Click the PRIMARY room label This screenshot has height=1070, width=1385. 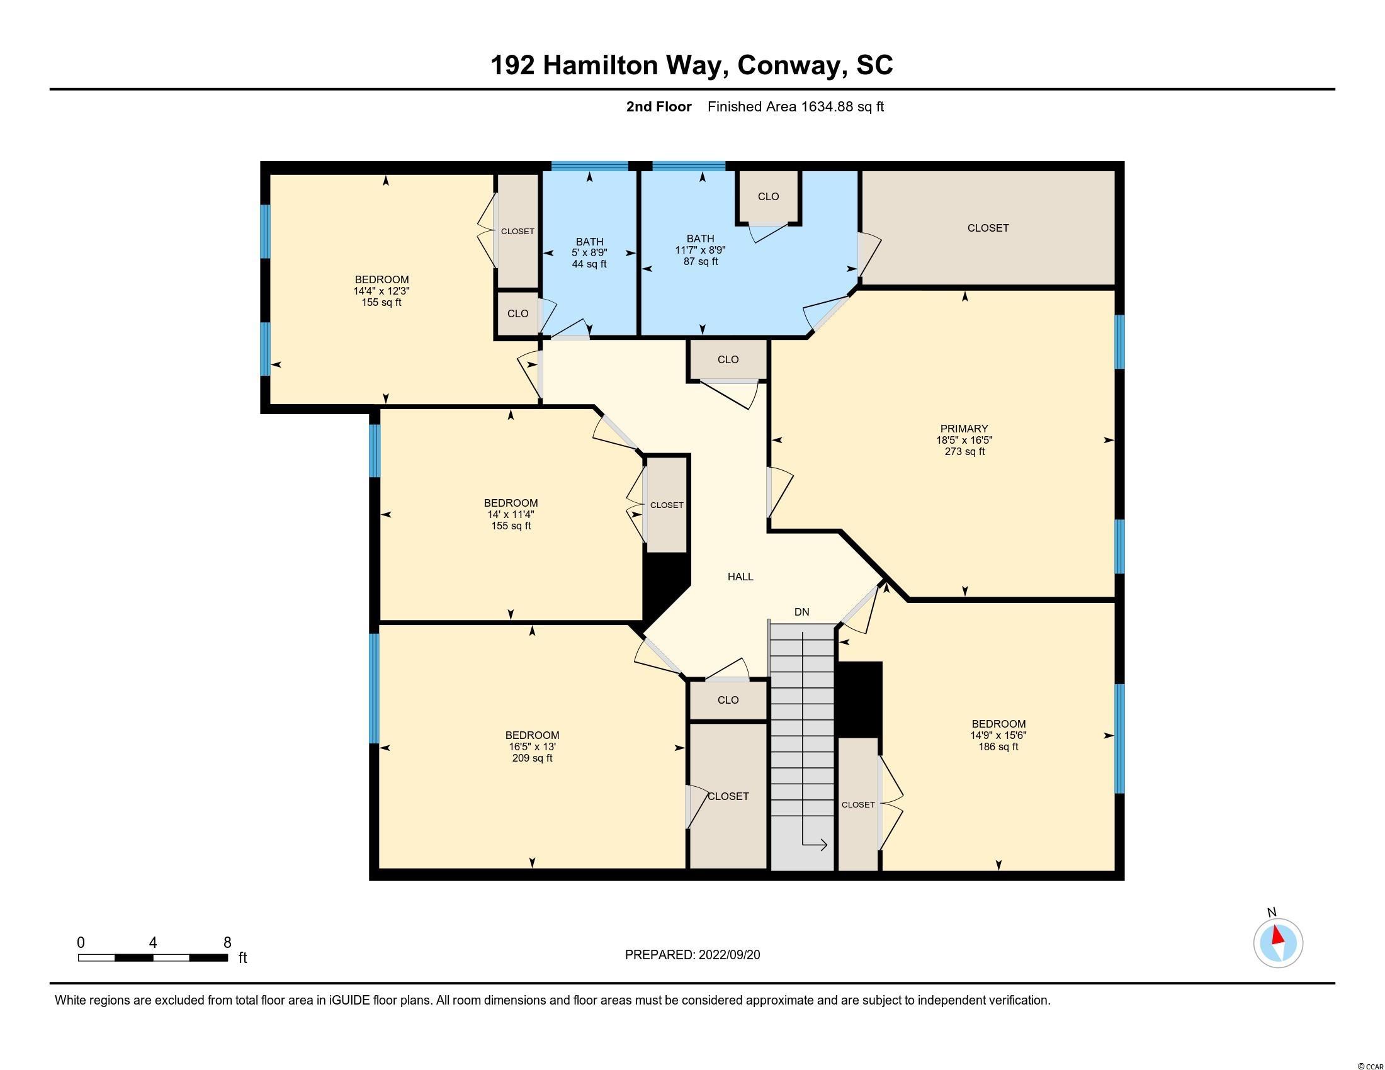964,429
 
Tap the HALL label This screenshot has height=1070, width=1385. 740,577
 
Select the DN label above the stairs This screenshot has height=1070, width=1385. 801,612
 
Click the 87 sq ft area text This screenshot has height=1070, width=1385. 700,261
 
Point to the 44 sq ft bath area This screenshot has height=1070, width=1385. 589,264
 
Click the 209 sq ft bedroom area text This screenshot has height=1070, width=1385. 532,758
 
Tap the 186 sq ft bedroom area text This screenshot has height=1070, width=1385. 998,746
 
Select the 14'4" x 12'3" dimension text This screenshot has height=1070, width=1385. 381,291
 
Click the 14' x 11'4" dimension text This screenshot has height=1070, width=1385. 511,514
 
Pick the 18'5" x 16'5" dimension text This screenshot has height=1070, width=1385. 964,440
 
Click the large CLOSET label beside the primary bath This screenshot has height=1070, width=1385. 987,228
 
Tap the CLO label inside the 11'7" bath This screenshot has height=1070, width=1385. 768,196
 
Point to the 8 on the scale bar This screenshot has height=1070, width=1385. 227,943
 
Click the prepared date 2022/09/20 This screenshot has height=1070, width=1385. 729,955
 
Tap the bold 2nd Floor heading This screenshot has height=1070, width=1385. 659,106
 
